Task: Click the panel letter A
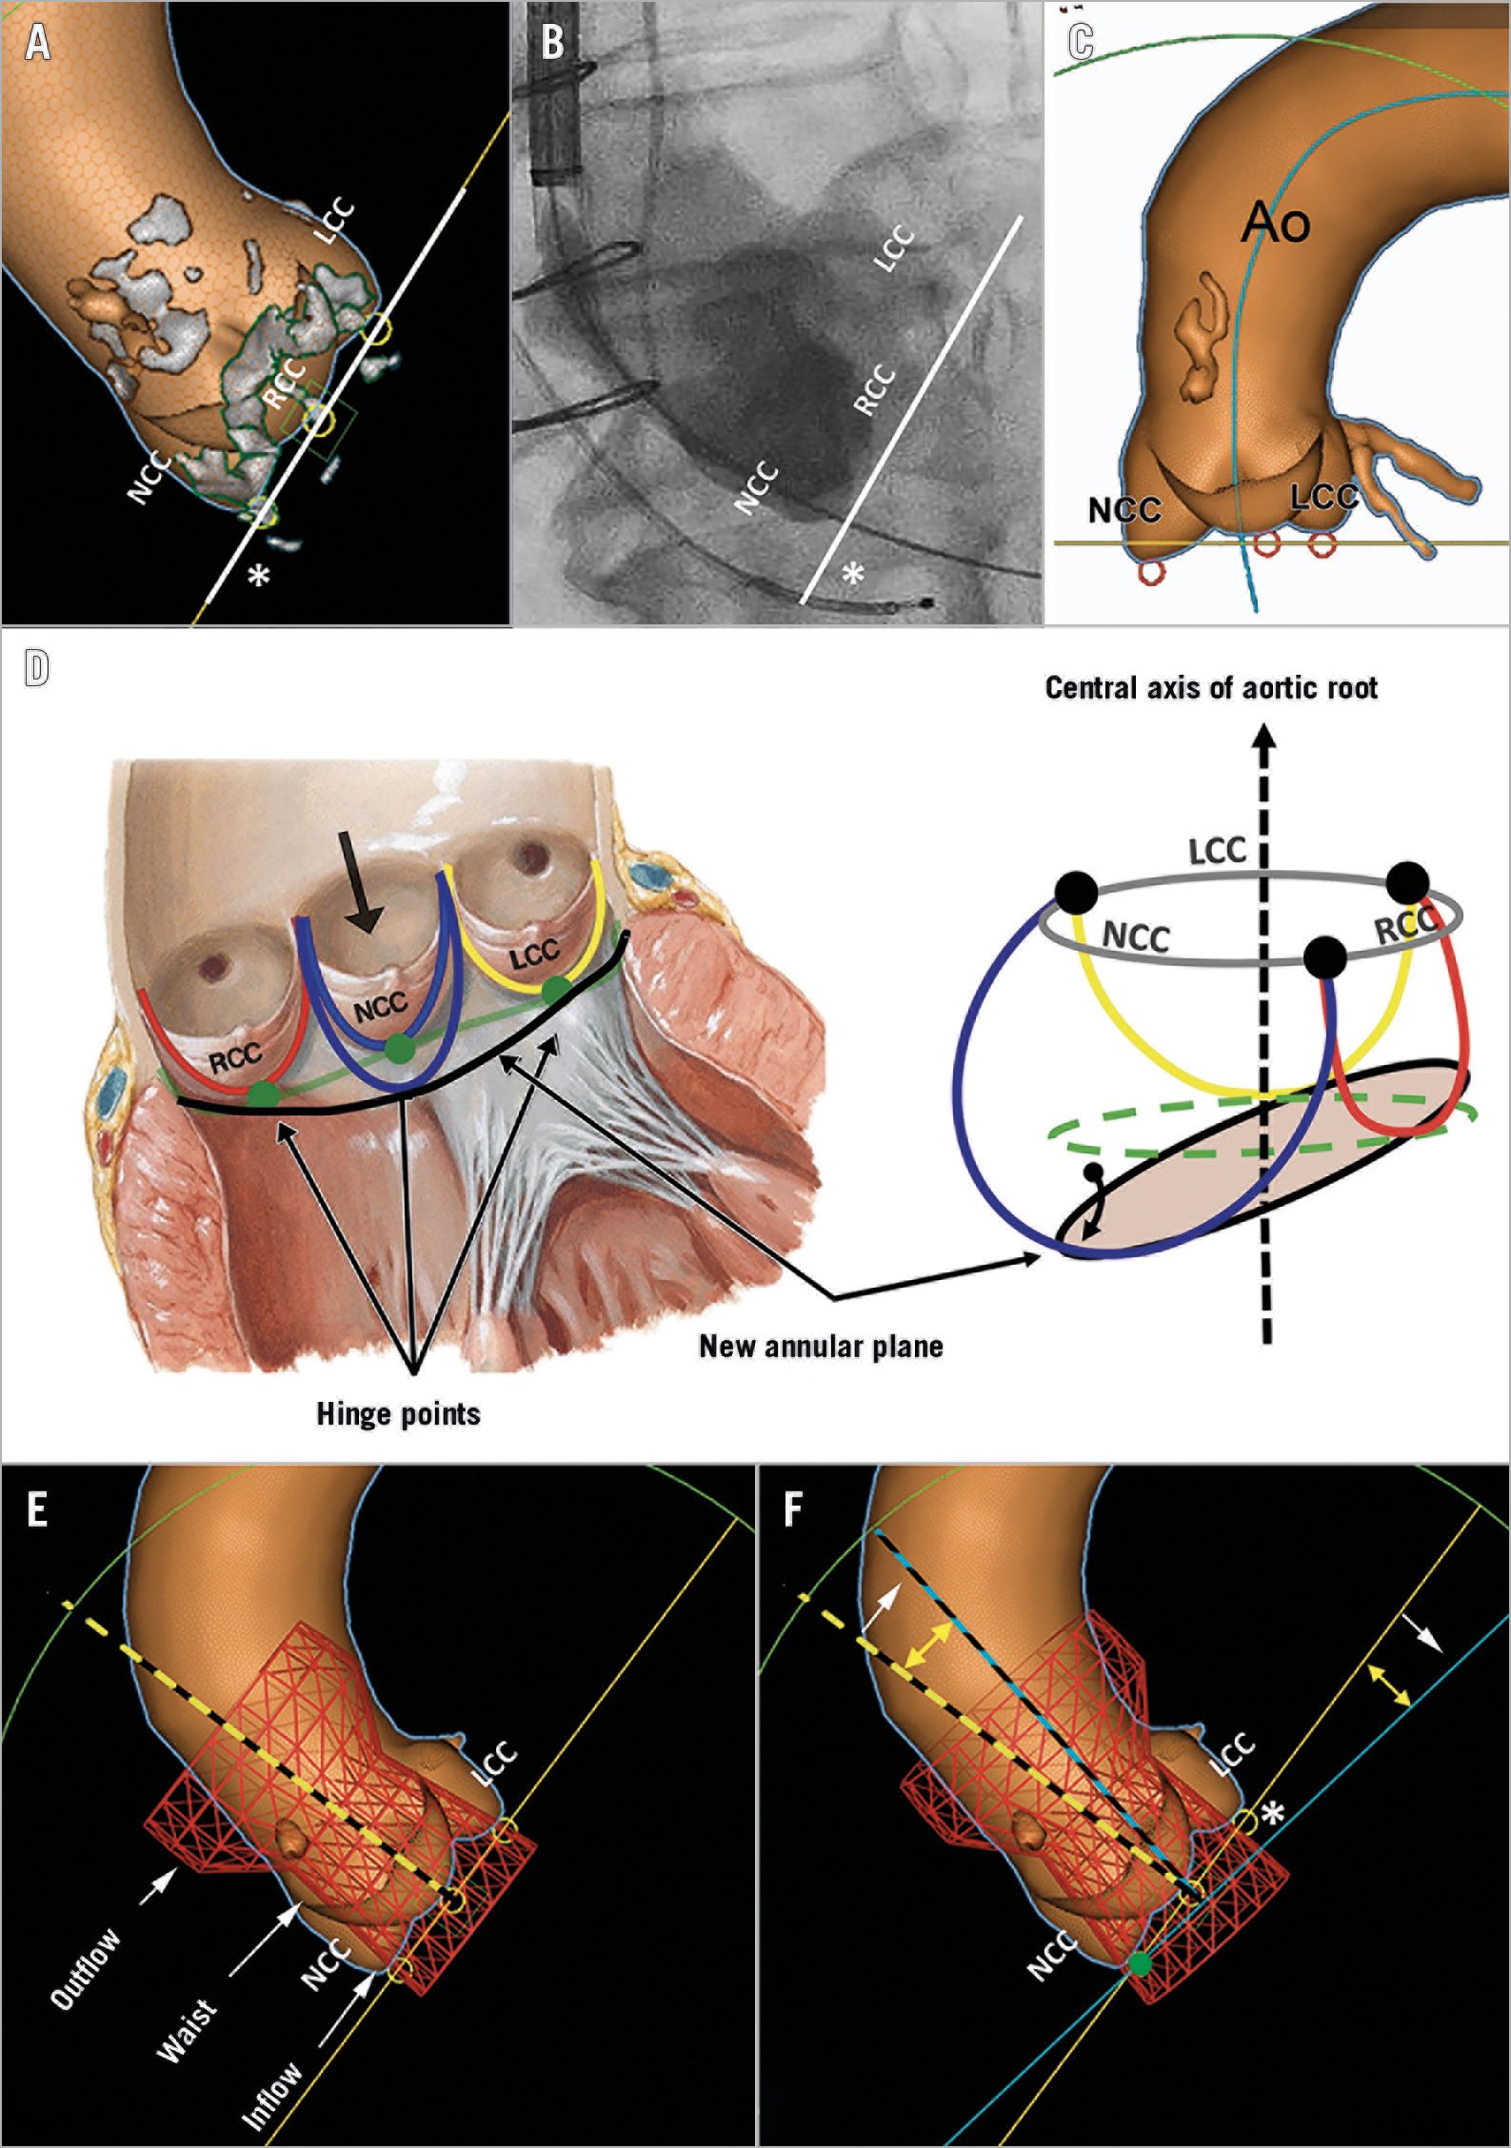click(x=38, y=43)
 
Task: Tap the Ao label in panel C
click(x=1276, y=224)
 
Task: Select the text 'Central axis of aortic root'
click(x=1211, y=687)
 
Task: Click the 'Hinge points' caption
click(x=398, y=1414)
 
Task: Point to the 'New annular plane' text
click(x=821, y=1346)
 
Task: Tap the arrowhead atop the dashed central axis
click(x=1264, y=739)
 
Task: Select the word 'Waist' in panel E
click(x=188, y=2032)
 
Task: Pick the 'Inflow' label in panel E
click(x=272, y=2094)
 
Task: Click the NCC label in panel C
click(x=1124, y=510)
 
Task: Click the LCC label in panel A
click(x=335, y=221)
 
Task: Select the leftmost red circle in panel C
click(x=1151, y=572)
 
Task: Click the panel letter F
click(x=793, y=1509)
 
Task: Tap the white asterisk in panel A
click(x=259, y=575)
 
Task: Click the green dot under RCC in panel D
click(x=263, y=1094)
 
